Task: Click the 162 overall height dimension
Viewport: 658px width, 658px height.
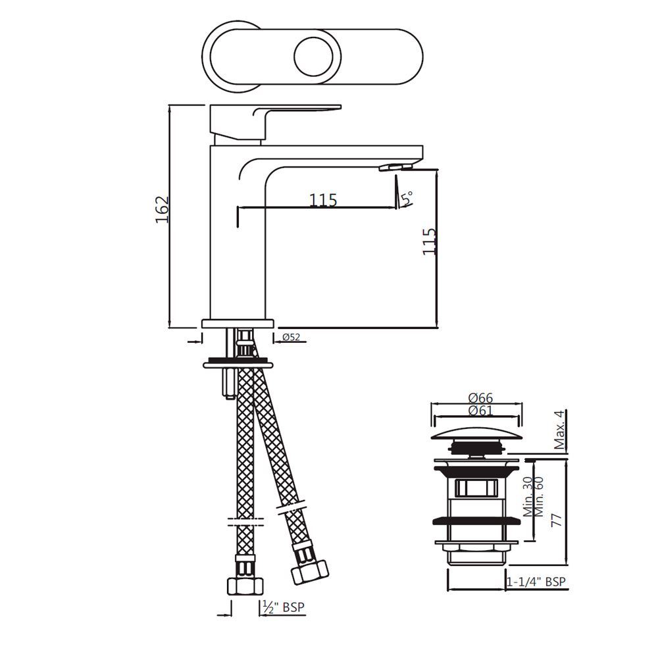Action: tap(163, 209)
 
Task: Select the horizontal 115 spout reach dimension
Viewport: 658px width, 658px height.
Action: tap(323, 199)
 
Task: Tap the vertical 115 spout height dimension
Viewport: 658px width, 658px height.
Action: tap(429, 241)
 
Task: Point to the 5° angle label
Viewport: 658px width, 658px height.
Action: tap(408, 197)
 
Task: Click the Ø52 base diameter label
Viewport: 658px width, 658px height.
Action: tap(291, 338)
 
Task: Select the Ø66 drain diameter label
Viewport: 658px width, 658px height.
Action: tap(480, 398)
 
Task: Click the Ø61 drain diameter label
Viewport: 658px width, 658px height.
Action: tap(480, 411)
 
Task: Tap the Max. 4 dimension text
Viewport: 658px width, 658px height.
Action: tap(559, 430)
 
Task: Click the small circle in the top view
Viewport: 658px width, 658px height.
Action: tap(313, 58)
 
